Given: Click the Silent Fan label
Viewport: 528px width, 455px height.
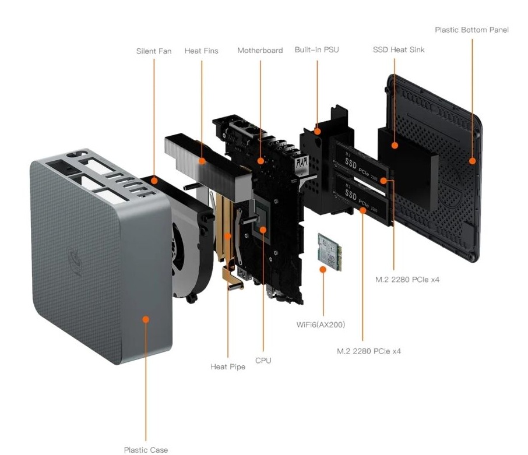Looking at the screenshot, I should (x=154, y=51).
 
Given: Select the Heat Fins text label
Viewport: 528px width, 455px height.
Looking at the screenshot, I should (x=202, y=51).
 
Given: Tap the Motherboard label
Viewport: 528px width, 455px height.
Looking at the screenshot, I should (x=260, y=51).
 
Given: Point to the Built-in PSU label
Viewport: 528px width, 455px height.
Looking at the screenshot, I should (x=317, y=50).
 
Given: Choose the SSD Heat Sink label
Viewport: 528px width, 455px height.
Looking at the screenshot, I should (x=399, y=50).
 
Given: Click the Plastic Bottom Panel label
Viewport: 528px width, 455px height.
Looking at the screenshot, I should (x=471, y=30).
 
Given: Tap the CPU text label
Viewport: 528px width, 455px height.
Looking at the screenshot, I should (x=263, y=361).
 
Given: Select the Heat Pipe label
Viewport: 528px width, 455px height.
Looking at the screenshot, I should (x=228, y=367).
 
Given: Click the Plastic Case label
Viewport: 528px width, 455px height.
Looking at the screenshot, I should (x=146, y=450).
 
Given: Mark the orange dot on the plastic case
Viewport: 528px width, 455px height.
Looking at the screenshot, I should (x=146, y=319).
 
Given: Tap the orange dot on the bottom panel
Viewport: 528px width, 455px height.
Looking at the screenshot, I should (x=472, y=160).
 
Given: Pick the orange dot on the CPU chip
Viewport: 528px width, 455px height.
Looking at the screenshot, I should (x=263, y=230).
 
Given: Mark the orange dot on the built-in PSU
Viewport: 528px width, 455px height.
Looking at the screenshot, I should (x=317, y=132).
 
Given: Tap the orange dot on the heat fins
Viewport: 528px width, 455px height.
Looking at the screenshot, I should (x=202, y=160).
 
